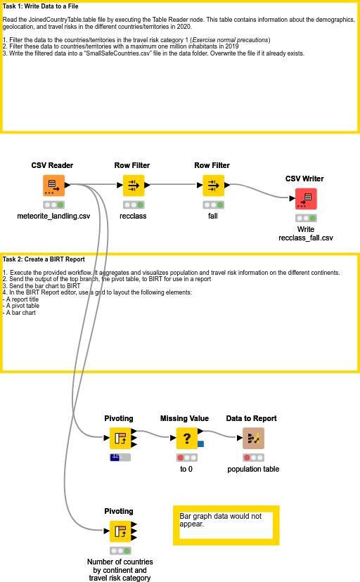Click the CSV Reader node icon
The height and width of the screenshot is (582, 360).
click(x=53, y=186)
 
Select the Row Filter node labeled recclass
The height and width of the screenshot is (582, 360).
click(x=133, y=186)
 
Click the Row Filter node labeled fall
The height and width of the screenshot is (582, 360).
click(x=213, y=186)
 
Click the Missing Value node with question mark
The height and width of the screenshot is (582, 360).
click(x=187, y=439)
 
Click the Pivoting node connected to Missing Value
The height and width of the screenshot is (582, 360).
click(x=120, y=439)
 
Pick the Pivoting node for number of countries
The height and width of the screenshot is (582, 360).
click(x=120, y=531)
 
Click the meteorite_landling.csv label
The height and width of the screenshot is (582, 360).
click(x=53, y=216)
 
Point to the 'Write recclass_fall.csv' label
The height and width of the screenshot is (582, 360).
click(x=306, y=233)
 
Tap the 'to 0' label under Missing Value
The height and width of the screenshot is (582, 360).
click(x=186, y=469)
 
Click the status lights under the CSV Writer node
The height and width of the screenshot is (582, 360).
click(x=306, y=218)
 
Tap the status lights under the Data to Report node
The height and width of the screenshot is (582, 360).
click(x=253, y=457)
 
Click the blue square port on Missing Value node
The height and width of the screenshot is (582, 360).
click(x=201, y=444)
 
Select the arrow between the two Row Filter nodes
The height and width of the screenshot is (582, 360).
click(x=172, y=186)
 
